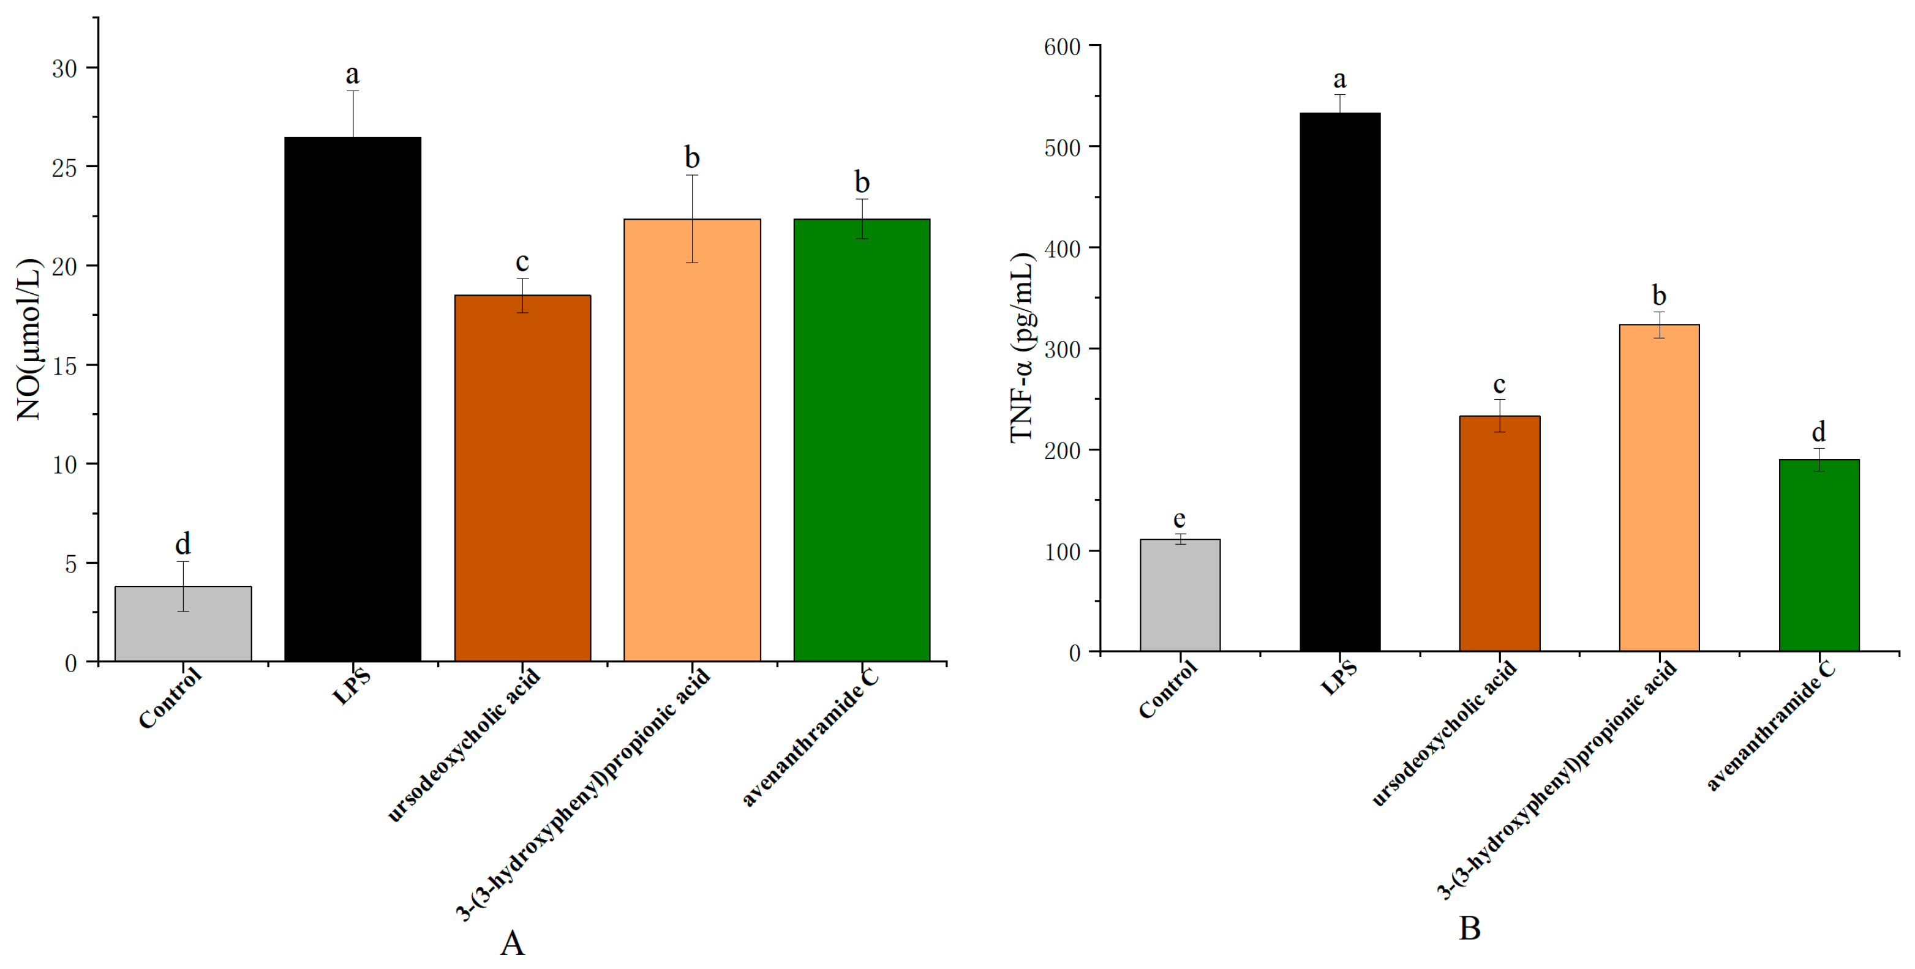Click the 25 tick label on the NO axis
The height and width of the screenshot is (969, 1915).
pos(65,168)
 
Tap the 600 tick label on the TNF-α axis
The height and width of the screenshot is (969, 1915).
pos(1061,47)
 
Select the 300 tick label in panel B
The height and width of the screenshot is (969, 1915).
pos(1061,350)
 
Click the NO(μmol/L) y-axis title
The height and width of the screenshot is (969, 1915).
pos(30,340)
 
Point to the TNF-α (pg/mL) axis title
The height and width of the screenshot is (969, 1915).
pos(1023,348)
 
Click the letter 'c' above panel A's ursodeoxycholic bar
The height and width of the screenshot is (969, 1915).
pos(522,263)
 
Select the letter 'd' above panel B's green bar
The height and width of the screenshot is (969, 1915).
pos(1818,432)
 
